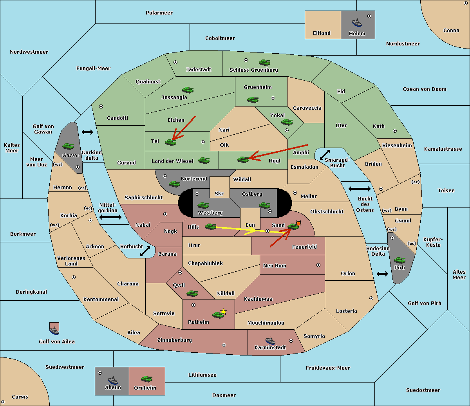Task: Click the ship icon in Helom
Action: pos(357,23)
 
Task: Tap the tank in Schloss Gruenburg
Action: pos(265,62)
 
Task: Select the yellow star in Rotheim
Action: pos(224,311)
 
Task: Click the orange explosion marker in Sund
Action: pos(298,223)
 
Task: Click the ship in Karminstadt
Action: pos(270,341)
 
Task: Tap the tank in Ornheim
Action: pos(146,379)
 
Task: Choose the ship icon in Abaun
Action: pos(113,380)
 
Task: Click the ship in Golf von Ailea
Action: pos(54,331)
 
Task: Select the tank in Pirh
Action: pos(400,260)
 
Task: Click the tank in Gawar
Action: pos(68,146)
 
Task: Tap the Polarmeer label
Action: pos(159,13)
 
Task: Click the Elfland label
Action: pos(322,33)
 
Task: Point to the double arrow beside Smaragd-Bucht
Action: pos(325,155)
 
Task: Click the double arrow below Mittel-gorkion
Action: pos(110,217)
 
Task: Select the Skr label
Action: pos(219,193)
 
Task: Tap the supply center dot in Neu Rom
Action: pos(318,265)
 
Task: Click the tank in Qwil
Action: pos(192,293)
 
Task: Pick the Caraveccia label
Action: pos(307,108)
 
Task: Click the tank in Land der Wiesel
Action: pos(204,161)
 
